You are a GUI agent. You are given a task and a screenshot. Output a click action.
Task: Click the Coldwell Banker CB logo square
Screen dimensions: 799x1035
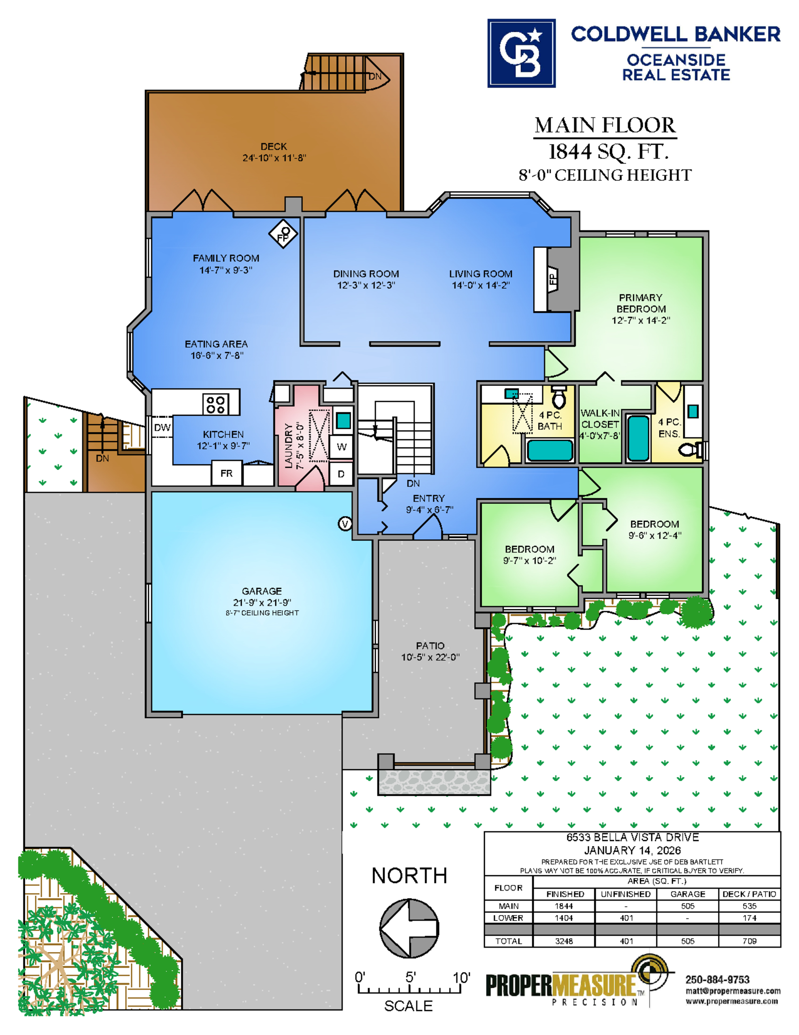[x=521, y=53]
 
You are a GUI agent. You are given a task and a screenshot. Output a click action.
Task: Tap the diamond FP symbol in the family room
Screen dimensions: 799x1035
[x=283, y=234]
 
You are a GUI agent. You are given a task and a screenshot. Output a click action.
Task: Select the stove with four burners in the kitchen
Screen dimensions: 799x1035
[x=216, y=404]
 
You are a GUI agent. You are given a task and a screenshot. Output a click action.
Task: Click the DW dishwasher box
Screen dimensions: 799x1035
[x=162, y=427]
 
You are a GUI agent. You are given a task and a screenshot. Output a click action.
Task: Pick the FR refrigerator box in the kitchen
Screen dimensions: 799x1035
[x=226, y=473]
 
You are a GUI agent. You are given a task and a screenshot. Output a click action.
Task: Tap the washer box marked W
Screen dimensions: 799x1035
[x=342, y=447]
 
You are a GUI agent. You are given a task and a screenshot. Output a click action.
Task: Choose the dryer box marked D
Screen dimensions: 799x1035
[x=342, y=474]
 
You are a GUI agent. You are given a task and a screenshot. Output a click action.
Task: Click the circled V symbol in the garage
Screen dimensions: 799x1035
[x=345, y=524]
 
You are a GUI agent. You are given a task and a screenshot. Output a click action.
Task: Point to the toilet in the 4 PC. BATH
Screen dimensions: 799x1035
[x=559, y=397]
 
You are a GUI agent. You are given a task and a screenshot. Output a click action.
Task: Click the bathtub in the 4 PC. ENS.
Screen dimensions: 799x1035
[x=638, y=438]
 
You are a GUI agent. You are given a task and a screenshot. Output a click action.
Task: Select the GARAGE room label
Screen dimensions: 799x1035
[x=262, y=591]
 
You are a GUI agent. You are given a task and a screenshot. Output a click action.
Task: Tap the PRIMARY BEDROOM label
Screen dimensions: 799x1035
[x=641, y=303]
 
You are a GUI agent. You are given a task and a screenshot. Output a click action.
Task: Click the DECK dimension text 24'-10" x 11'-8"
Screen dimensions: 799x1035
[x=274, y=158]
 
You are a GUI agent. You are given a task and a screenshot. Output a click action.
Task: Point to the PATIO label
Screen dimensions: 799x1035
[x=430, y=646]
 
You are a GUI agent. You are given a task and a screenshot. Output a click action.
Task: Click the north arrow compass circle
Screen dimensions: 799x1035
[x=409, y=928]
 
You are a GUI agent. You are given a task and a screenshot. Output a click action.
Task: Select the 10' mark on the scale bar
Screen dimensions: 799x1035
[x=461, y=978]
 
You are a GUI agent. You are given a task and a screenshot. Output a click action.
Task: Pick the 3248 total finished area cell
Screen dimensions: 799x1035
[x=564, y=941]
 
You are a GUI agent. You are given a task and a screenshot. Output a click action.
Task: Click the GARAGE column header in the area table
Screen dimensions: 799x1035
[x=688, y=894]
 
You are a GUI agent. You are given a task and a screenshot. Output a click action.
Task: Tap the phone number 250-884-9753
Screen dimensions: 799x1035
[x=717, y=980]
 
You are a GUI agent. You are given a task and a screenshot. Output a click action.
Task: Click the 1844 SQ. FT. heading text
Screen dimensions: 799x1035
[x=608, y=151]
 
